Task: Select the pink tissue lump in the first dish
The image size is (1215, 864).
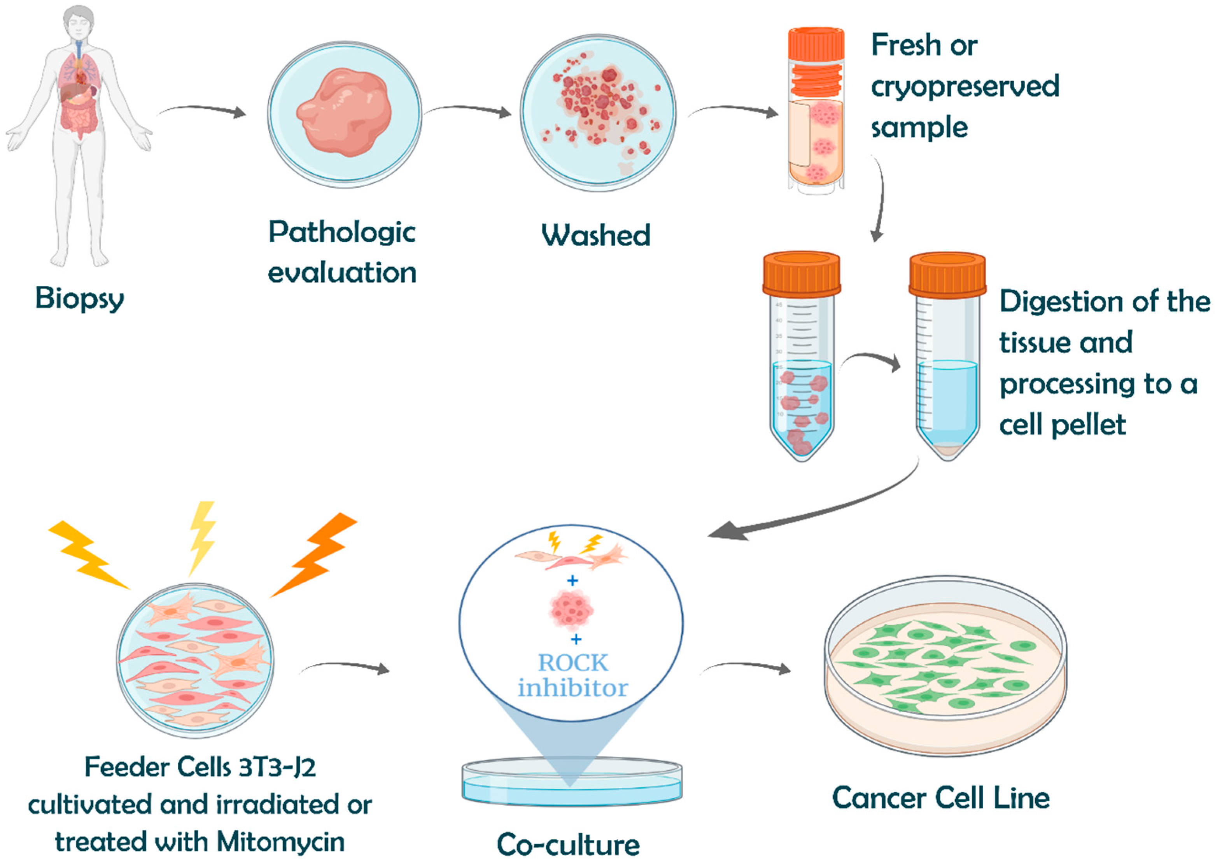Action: [344, 113]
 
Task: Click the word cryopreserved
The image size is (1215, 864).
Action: [964, 86]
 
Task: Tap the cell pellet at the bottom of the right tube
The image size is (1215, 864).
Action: [947, 448]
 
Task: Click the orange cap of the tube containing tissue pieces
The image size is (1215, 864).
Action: [802, 275]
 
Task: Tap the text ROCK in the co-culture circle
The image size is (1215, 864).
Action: [572, 662]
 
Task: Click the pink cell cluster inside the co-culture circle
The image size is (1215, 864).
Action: [571, 609]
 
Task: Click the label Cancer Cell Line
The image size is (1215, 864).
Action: [940, 798]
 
